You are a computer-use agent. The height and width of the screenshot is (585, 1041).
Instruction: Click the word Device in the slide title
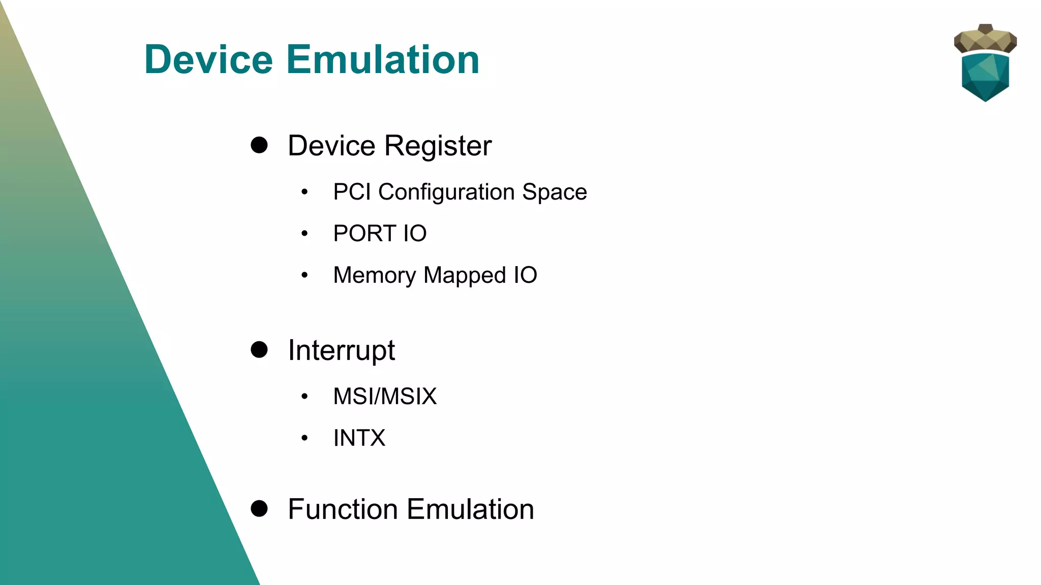tap(208, 59)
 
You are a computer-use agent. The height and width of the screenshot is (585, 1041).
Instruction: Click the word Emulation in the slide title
tap(383, 59)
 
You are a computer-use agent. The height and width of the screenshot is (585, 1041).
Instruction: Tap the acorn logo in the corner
tap(985, 63)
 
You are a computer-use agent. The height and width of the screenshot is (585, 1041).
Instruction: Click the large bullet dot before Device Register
tap(259, 145)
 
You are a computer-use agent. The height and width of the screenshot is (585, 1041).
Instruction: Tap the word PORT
tap(364, 234)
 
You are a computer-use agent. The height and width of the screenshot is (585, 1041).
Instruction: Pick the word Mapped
tap(465, 276)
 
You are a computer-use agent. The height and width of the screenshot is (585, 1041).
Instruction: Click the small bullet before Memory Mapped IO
tap(304, 275)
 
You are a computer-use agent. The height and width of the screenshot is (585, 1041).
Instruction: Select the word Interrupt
tap(341, 350)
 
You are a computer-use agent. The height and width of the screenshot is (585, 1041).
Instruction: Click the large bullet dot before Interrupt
tap(259, 349)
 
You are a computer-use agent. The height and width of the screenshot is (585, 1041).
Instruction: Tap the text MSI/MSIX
tap(385, 396)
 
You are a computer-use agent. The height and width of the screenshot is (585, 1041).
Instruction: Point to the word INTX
tap(359, 438)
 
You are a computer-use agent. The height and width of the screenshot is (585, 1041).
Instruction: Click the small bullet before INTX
tap(304, 438)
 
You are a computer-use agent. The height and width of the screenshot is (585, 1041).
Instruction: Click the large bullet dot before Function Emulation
tap(259, 508)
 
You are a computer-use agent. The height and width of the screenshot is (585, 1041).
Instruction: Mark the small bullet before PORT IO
tap(304, 234)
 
